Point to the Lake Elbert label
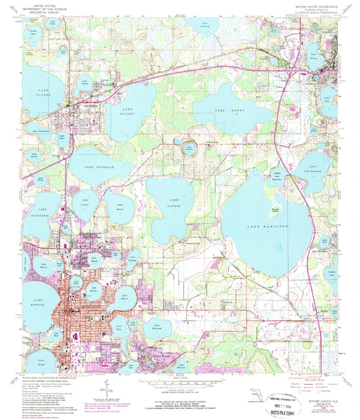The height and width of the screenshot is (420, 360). click(125, 295)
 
